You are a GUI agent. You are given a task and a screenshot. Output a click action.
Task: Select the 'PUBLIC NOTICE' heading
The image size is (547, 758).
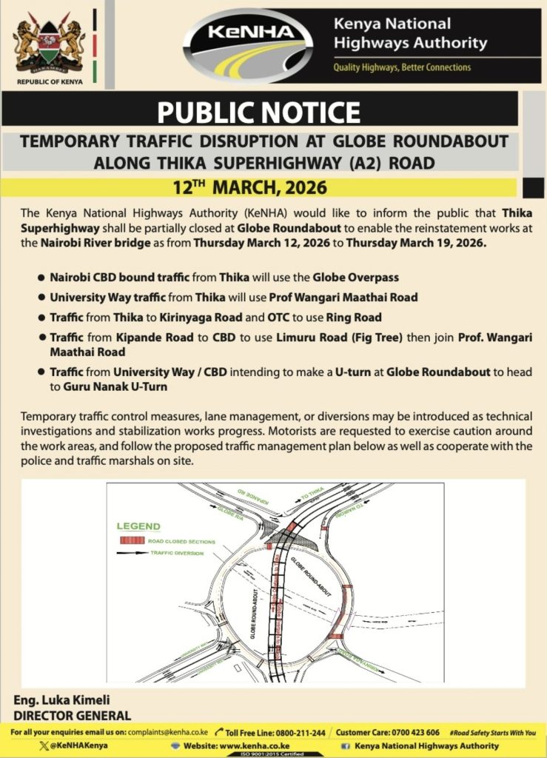(259, 112)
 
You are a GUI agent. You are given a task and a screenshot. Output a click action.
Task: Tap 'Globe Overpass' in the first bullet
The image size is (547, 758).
(355, 278)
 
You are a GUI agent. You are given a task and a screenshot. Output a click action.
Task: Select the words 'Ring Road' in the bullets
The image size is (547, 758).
(355, 318)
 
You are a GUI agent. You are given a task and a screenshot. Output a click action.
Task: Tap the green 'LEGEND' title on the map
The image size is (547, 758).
(138, 526)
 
